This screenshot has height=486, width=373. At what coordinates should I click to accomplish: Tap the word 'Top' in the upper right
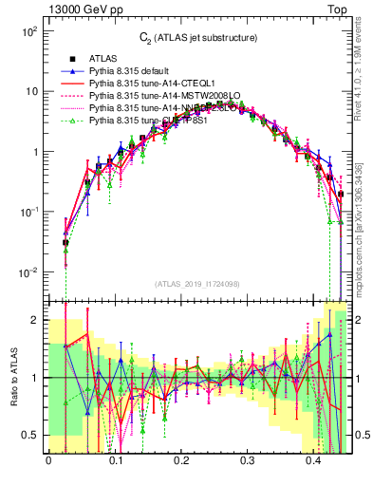[337, 9]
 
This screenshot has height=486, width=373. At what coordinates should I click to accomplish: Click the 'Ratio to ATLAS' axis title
[12, 377]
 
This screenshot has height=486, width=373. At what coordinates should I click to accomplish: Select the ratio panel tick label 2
[37, 320]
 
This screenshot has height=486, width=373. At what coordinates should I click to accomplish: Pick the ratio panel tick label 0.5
[31, 435]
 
